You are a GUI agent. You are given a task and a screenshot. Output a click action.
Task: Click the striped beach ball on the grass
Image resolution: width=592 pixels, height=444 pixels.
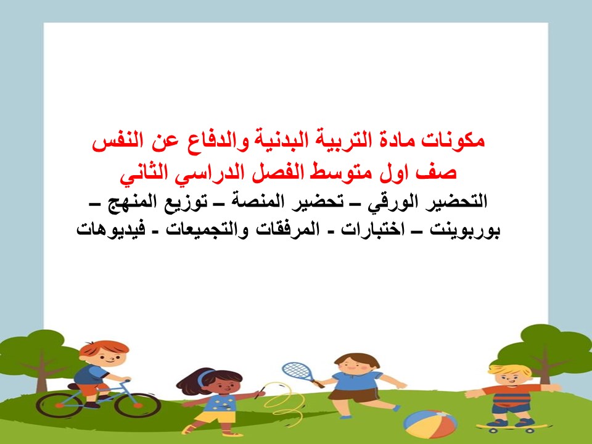430,423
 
